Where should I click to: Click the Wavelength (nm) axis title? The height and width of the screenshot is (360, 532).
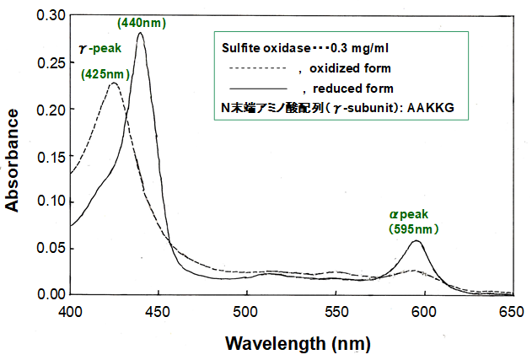(297, 343)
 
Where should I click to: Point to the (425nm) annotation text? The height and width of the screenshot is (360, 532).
(105, 73)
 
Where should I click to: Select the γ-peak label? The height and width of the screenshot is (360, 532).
(101, 50)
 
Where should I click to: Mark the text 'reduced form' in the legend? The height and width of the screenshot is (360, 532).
(353, 89)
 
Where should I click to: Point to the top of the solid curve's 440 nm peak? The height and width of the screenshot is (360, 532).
(140, 34)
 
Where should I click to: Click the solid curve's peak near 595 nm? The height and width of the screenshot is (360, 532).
(416, 241)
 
